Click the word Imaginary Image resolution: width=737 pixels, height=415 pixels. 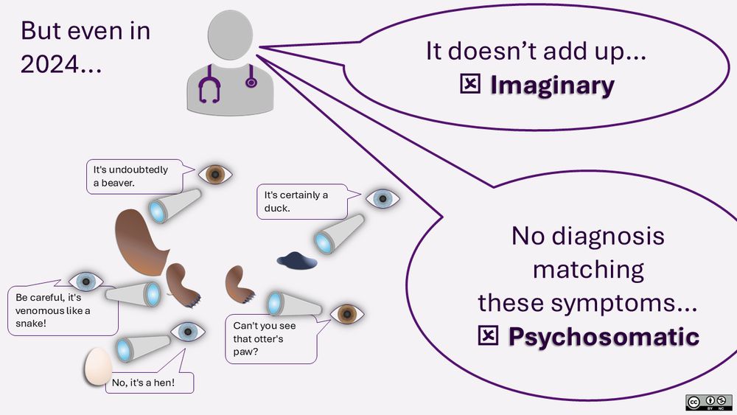click(x=552, y=86)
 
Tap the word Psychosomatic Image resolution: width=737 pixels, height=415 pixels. click(x=603, y=336)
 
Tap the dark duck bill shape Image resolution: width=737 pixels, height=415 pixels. click(x=297, y=259)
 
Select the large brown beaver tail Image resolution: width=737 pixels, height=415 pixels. click(x=140, y=240)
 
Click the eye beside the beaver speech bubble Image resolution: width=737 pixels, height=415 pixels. click(x=216, y=174)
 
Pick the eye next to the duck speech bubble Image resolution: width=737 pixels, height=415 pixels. click(x=383, y=198)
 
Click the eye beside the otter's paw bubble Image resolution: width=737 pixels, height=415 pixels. click(x=346, y=313)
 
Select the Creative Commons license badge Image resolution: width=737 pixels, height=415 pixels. click(x=708, y=402)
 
